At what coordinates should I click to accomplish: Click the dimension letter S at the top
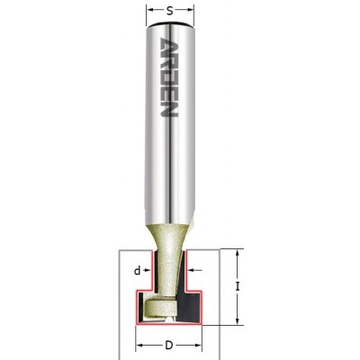170,12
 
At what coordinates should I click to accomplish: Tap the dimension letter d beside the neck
137,271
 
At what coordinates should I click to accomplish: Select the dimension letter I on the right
238,287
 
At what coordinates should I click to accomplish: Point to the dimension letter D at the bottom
169,346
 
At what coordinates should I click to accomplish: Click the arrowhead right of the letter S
190,11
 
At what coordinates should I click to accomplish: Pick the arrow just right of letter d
147,271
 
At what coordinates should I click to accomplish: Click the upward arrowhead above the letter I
238,254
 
